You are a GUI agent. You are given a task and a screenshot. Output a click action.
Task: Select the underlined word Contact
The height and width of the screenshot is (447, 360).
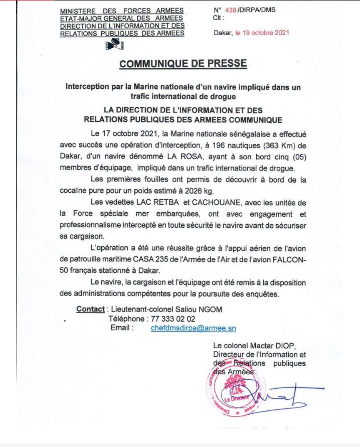90,309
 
